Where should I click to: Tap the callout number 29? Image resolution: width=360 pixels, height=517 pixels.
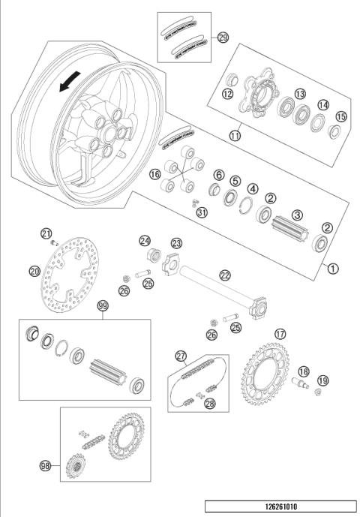223,37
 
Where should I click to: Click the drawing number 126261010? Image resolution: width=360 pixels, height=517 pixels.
280,506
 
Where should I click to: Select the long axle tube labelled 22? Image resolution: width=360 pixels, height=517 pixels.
217,293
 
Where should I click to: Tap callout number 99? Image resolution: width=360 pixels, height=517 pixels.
103,306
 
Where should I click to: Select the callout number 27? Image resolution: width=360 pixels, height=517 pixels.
180,356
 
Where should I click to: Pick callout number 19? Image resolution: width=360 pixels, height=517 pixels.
322,380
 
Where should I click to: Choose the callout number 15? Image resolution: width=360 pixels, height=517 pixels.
341,117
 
